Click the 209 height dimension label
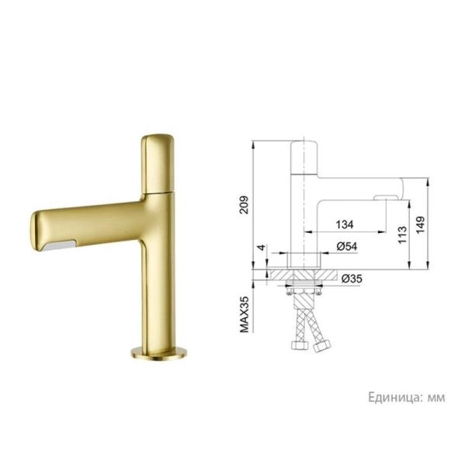245,204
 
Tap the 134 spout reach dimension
345,224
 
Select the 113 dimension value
402,235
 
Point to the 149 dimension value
420,224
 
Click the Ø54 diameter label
347,246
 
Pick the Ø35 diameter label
352,279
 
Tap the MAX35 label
245,315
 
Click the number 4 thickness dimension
262,247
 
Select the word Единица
395,397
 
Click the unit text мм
436,398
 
